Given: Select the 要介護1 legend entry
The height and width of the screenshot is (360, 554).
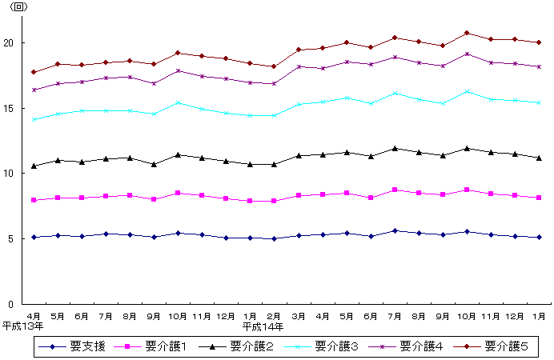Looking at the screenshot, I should (165, 346).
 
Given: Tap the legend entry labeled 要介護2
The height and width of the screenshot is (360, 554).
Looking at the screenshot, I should (250, 346).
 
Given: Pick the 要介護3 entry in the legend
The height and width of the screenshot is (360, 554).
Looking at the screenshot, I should (335, 346).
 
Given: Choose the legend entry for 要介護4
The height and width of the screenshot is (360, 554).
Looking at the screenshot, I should (421, 346).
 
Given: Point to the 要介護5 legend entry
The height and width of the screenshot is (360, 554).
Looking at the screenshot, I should (506, 346).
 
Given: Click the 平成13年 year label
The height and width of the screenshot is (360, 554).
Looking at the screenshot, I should (23, 326).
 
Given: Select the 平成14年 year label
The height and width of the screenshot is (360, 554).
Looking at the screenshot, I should (263, 326).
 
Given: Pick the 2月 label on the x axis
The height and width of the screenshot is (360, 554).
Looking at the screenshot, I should (275, 315).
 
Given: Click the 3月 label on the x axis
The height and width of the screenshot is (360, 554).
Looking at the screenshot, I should (299, 315).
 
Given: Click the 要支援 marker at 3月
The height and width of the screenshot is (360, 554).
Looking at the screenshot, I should (299, 236).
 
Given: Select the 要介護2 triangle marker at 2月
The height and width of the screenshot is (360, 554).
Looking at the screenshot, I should (275, 164).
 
